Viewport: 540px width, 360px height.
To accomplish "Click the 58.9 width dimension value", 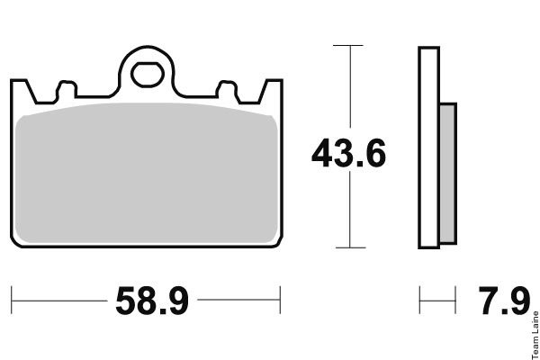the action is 152,301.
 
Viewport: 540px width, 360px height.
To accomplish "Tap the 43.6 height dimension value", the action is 348,153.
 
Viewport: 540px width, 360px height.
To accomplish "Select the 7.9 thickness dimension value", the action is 504,301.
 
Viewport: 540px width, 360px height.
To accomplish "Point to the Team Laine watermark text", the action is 535,335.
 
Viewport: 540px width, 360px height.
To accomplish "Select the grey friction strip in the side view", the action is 448,174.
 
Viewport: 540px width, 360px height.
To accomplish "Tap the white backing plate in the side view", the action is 428,148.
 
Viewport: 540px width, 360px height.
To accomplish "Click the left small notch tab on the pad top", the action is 66,89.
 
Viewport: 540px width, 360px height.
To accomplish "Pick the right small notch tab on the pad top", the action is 227,89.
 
